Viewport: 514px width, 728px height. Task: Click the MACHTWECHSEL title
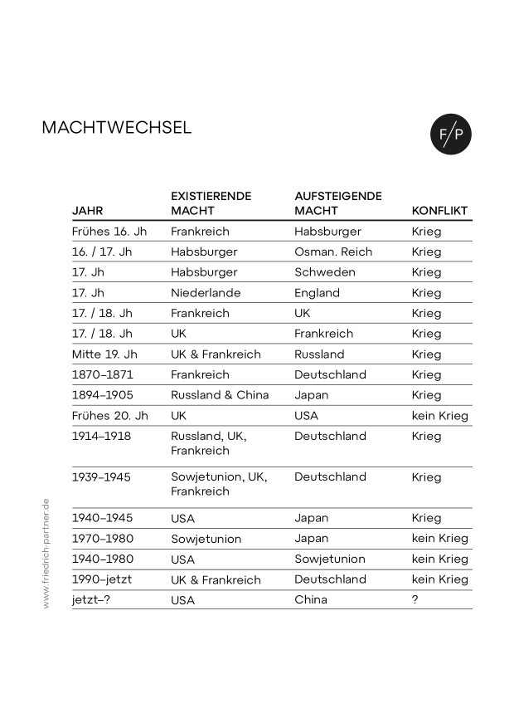point(116,128)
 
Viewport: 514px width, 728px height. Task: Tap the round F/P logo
point(450,133)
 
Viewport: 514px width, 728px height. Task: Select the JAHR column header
point(88,211)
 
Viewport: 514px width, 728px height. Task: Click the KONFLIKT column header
point(439,211)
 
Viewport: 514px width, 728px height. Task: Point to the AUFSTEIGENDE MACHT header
point(338,203)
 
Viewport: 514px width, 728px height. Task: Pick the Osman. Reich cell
point(333,252)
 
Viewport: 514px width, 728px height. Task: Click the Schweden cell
point(325,272)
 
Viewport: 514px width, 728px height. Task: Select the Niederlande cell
point(206,293)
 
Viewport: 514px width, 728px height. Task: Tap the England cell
point(317,293)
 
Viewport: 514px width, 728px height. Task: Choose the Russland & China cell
point(220,395)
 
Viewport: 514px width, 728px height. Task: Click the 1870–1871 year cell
point(103,374)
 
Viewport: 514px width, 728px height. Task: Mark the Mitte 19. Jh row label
point(104,354)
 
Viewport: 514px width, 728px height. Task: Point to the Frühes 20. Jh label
point(110,416)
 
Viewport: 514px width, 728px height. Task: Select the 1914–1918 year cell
point(103,436)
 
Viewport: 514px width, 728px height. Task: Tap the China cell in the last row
point(311,599)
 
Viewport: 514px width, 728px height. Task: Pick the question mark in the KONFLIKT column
point(415,599)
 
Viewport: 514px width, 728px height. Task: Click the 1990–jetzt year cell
point(103,579)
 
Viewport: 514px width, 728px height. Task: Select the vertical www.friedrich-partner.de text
point(46,554)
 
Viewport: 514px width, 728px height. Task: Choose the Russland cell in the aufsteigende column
point(319,354)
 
